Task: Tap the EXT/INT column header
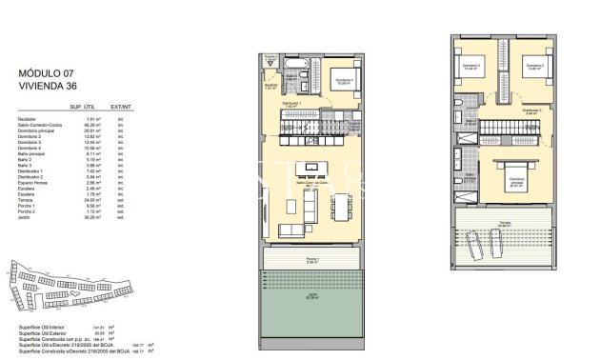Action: tap(121, 107)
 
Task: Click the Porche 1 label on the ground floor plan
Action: tap(312, 258)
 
